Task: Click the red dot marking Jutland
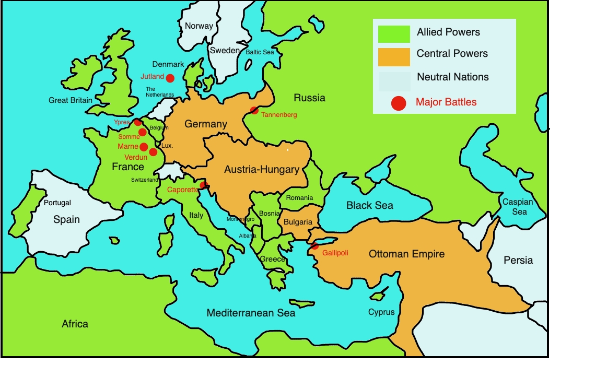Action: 170,78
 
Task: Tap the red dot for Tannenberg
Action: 254,110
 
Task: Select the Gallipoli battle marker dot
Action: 314,246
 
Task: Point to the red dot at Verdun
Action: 153,152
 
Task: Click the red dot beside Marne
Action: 144,147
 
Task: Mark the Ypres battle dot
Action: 137,122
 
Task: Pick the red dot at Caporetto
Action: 203,185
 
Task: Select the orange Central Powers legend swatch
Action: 394,56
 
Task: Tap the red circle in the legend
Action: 399,103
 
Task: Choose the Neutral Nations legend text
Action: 452,77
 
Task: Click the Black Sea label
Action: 369,205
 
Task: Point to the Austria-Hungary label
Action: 261,169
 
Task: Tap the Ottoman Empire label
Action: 406,254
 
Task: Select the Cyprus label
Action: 381,312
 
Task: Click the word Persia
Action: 518,260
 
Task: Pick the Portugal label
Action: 57,203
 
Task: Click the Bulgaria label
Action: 298,222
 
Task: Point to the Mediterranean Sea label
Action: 251,313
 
